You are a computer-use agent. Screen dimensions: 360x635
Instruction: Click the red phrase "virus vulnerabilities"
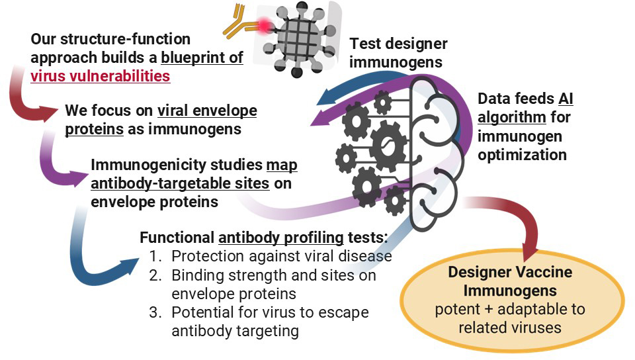point(101,75)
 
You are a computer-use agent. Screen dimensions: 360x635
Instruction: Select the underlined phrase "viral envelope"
point(207,110)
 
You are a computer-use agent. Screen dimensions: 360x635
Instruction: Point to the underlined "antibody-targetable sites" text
point(180,184)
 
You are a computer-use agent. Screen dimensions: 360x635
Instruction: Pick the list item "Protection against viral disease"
point(282,256)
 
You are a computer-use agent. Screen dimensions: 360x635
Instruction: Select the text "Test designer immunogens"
point(398,54)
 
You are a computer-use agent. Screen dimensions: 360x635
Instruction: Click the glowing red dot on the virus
point(266,26)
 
